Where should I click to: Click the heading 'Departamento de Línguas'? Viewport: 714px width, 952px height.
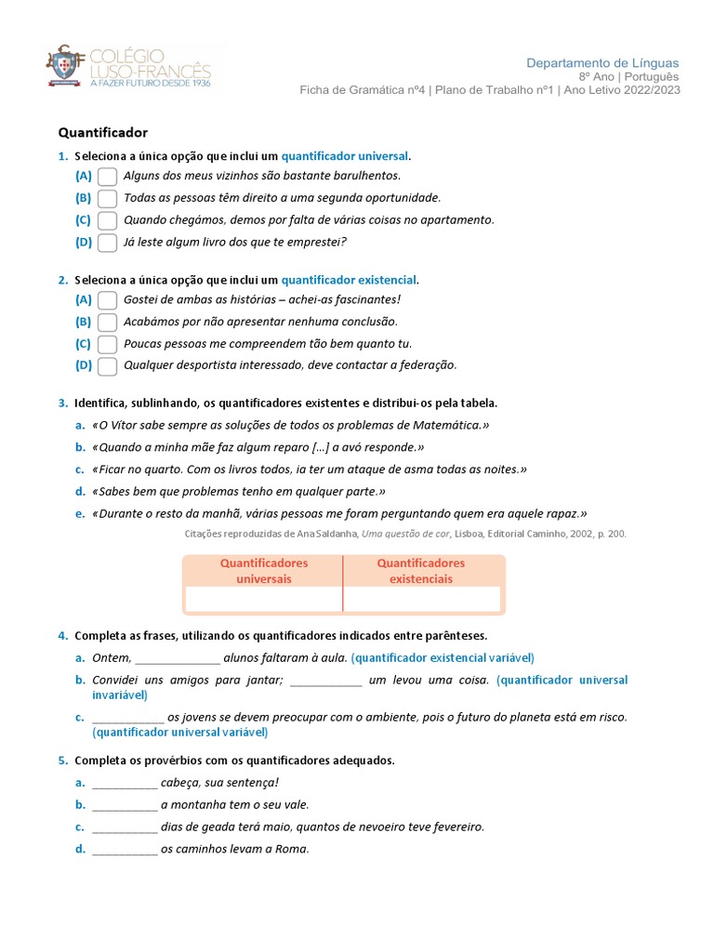coord(602,62)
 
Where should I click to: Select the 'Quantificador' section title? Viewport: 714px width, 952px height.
coord(102,133)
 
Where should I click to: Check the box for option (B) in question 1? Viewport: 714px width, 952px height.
coord(107,198)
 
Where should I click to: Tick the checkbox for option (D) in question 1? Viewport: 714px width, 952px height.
coord(107,243)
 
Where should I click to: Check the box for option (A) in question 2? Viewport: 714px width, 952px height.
coord(107,299)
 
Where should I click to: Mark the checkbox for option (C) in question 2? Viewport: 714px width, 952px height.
coord(107,344)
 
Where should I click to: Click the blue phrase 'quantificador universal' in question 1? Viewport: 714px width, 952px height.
coord(344,156)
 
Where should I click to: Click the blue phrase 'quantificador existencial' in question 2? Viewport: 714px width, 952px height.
coord(349,280)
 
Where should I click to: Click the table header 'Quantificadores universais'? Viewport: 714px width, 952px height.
coord(263,571)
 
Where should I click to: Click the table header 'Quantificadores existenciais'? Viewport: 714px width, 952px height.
coord(420,571)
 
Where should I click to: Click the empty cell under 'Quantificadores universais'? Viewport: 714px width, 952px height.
coord(263,599)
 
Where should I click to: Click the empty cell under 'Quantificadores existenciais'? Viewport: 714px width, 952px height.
coord(421,599)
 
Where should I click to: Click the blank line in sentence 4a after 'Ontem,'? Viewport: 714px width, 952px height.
coord(178,658)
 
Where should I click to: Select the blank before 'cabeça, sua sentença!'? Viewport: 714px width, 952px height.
coord(125,783)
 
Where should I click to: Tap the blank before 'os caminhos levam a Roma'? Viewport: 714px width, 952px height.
coord(125,850)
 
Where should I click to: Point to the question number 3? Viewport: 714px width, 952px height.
coord(61,403)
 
